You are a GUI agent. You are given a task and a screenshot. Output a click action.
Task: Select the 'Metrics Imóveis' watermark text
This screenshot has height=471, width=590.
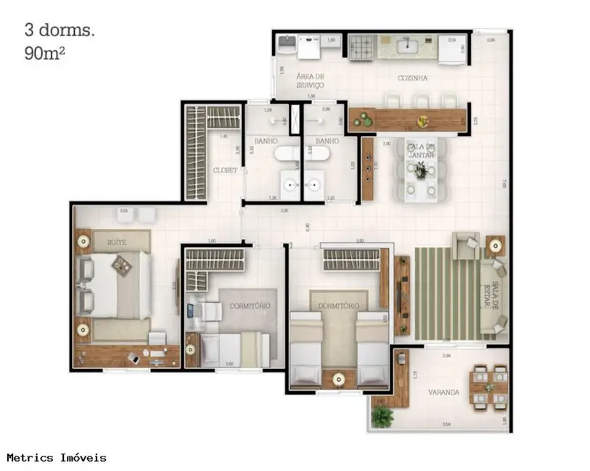click(57, 457)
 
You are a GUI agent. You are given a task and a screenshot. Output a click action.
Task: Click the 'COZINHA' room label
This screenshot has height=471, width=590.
click(411, 78)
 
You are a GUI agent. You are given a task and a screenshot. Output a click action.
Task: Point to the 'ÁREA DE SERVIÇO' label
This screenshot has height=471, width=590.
click(310, 80)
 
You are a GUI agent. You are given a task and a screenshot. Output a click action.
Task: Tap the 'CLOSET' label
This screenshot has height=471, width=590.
click(225, 170)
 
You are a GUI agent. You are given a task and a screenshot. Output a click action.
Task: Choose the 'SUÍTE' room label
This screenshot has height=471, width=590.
click(118, 242)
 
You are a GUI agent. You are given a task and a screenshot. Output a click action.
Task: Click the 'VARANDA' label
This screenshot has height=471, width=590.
click(443, 392)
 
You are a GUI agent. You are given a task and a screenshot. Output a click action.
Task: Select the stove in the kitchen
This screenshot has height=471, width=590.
click(361, 49)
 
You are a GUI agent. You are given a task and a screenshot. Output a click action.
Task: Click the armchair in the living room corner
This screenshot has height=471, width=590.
click(464, 246)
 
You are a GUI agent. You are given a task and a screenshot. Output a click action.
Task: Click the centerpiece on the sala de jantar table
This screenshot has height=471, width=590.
click(419, 171)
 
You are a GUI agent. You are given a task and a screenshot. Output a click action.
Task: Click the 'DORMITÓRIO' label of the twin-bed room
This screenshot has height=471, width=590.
click(337, 306)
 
